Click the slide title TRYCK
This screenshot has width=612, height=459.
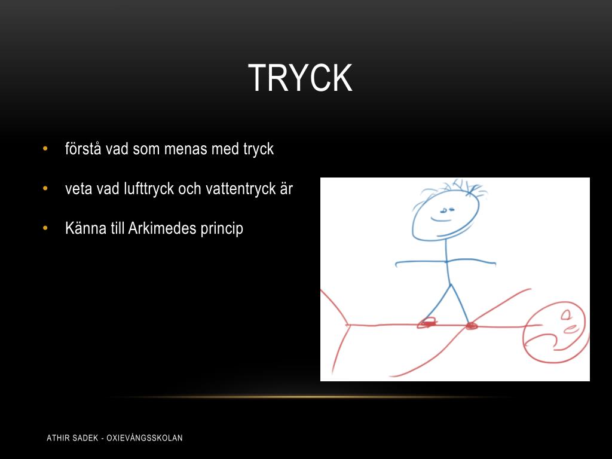(300, 78)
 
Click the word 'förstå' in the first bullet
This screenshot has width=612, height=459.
(84, 149)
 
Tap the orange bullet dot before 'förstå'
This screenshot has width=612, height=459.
(45, 149)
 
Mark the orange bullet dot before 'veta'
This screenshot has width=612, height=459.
(45, 189)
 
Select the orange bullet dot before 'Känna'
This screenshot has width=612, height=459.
(45, 228)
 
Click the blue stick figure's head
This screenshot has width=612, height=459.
(445, 215)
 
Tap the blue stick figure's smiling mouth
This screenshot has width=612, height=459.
(442, 220)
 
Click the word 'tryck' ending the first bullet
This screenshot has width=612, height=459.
(258, 149)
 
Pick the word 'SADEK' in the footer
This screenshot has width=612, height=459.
(87, 438)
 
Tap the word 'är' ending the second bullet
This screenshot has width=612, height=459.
(285, 189)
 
